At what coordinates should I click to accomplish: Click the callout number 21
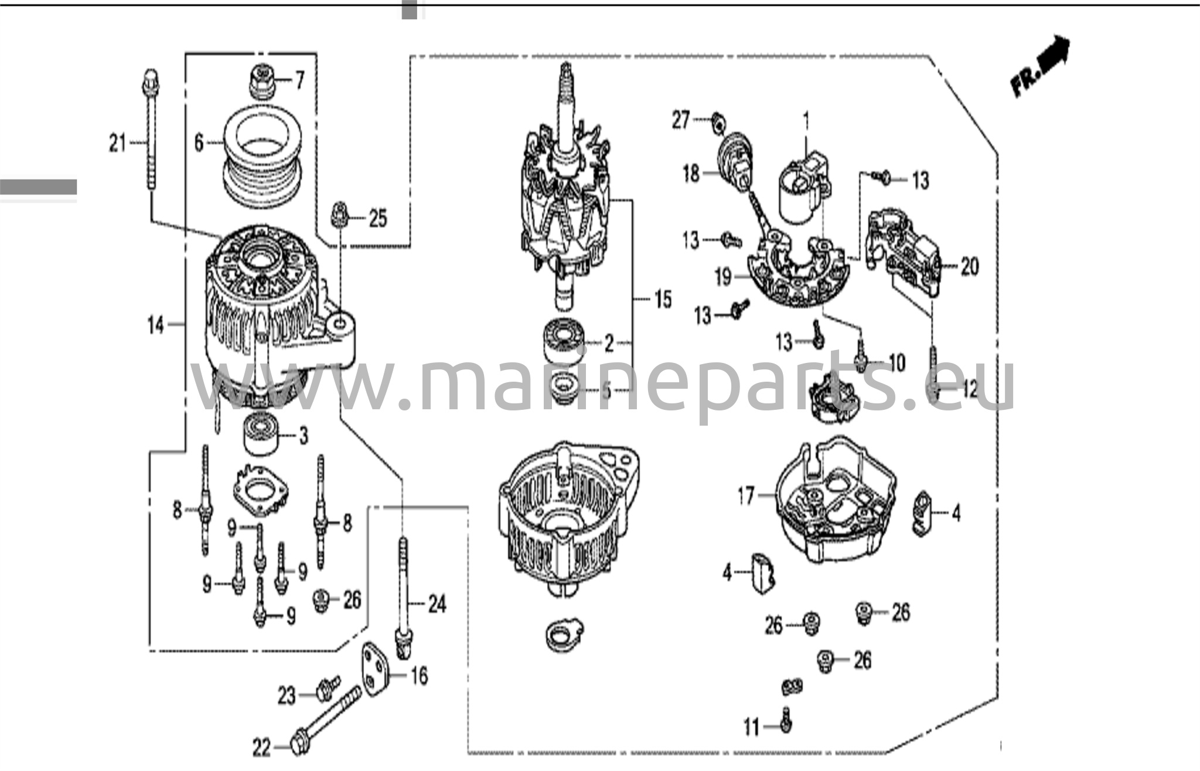(118, 143)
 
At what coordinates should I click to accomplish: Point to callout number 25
(378, 219)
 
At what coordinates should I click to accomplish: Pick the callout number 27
(681, 120)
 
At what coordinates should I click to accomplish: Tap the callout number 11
(752, 728)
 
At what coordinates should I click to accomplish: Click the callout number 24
(437, 604)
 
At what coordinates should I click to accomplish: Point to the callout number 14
(155, 324)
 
